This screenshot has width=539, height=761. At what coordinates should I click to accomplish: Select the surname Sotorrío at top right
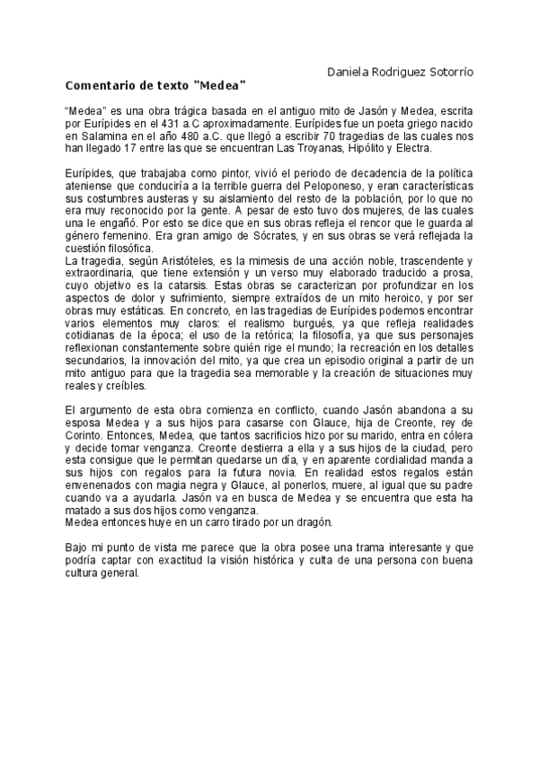(449, 70)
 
